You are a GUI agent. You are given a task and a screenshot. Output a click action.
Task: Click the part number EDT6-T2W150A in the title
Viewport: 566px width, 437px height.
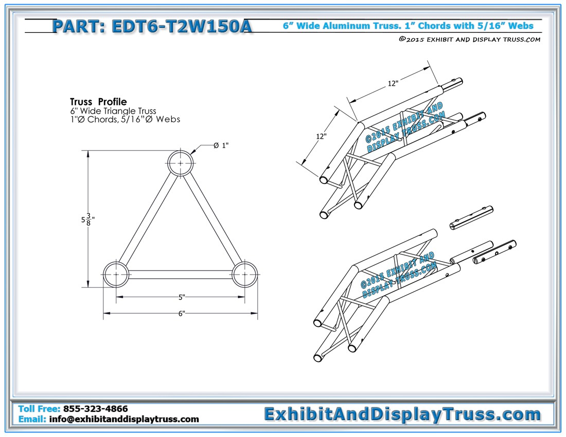182,26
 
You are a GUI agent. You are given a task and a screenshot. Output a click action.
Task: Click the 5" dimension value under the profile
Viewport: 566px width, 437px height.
182,297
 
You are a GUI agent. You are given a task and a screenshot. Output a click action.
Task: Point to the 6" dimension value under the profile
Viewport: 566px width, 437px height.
182,313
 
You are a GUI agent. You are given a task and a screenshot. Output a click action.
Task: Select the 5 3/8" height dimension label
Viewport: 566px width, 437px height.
87,219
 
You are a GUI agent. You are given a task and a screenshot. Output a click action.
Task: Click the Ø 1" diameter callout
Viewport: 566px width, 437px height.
221,145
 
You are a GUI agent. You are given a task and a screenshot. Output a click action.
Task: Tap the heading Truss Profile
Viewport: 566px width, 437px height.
98,102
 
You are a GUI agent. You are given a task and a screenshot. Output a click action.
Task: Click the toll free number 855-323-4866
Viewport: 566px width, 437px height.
95,409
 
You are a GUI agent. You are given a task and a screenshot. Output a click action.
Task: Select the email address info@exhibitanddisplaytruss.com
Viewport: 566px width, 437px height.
124,419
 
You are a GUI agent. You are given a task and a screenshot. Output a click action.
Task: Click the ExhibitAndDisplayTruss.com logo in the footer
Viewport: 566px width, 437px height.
402,414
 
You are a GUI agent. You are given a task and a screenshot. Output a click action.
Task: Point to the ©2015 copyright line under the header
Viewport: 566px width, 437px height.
470,39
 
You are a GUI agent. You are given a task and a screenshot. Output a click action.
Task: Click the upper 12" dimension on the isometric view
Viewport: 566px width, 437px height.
393,83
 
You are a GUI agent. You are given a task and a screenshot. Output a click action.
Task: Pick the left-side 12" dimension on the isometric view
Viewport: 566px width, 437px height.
321,136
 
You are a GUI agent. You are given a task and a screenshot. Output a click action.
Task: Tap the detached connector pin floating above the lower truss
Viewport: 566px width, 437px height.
471,218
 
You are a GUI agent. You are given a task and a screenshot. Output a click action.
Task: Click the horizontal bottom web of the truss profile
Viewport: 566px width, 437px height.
180,275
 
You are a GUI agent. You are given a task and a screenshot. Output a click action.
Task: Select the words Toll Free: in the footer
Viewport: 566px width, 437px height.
39,409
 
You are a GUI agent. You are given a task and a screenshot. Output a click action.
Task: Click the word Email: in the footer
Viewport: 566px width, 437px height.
32,419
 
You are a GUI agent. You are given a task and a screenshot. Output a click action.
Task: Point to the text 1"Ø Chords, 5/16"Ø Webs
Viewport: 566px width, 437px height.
125,119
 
